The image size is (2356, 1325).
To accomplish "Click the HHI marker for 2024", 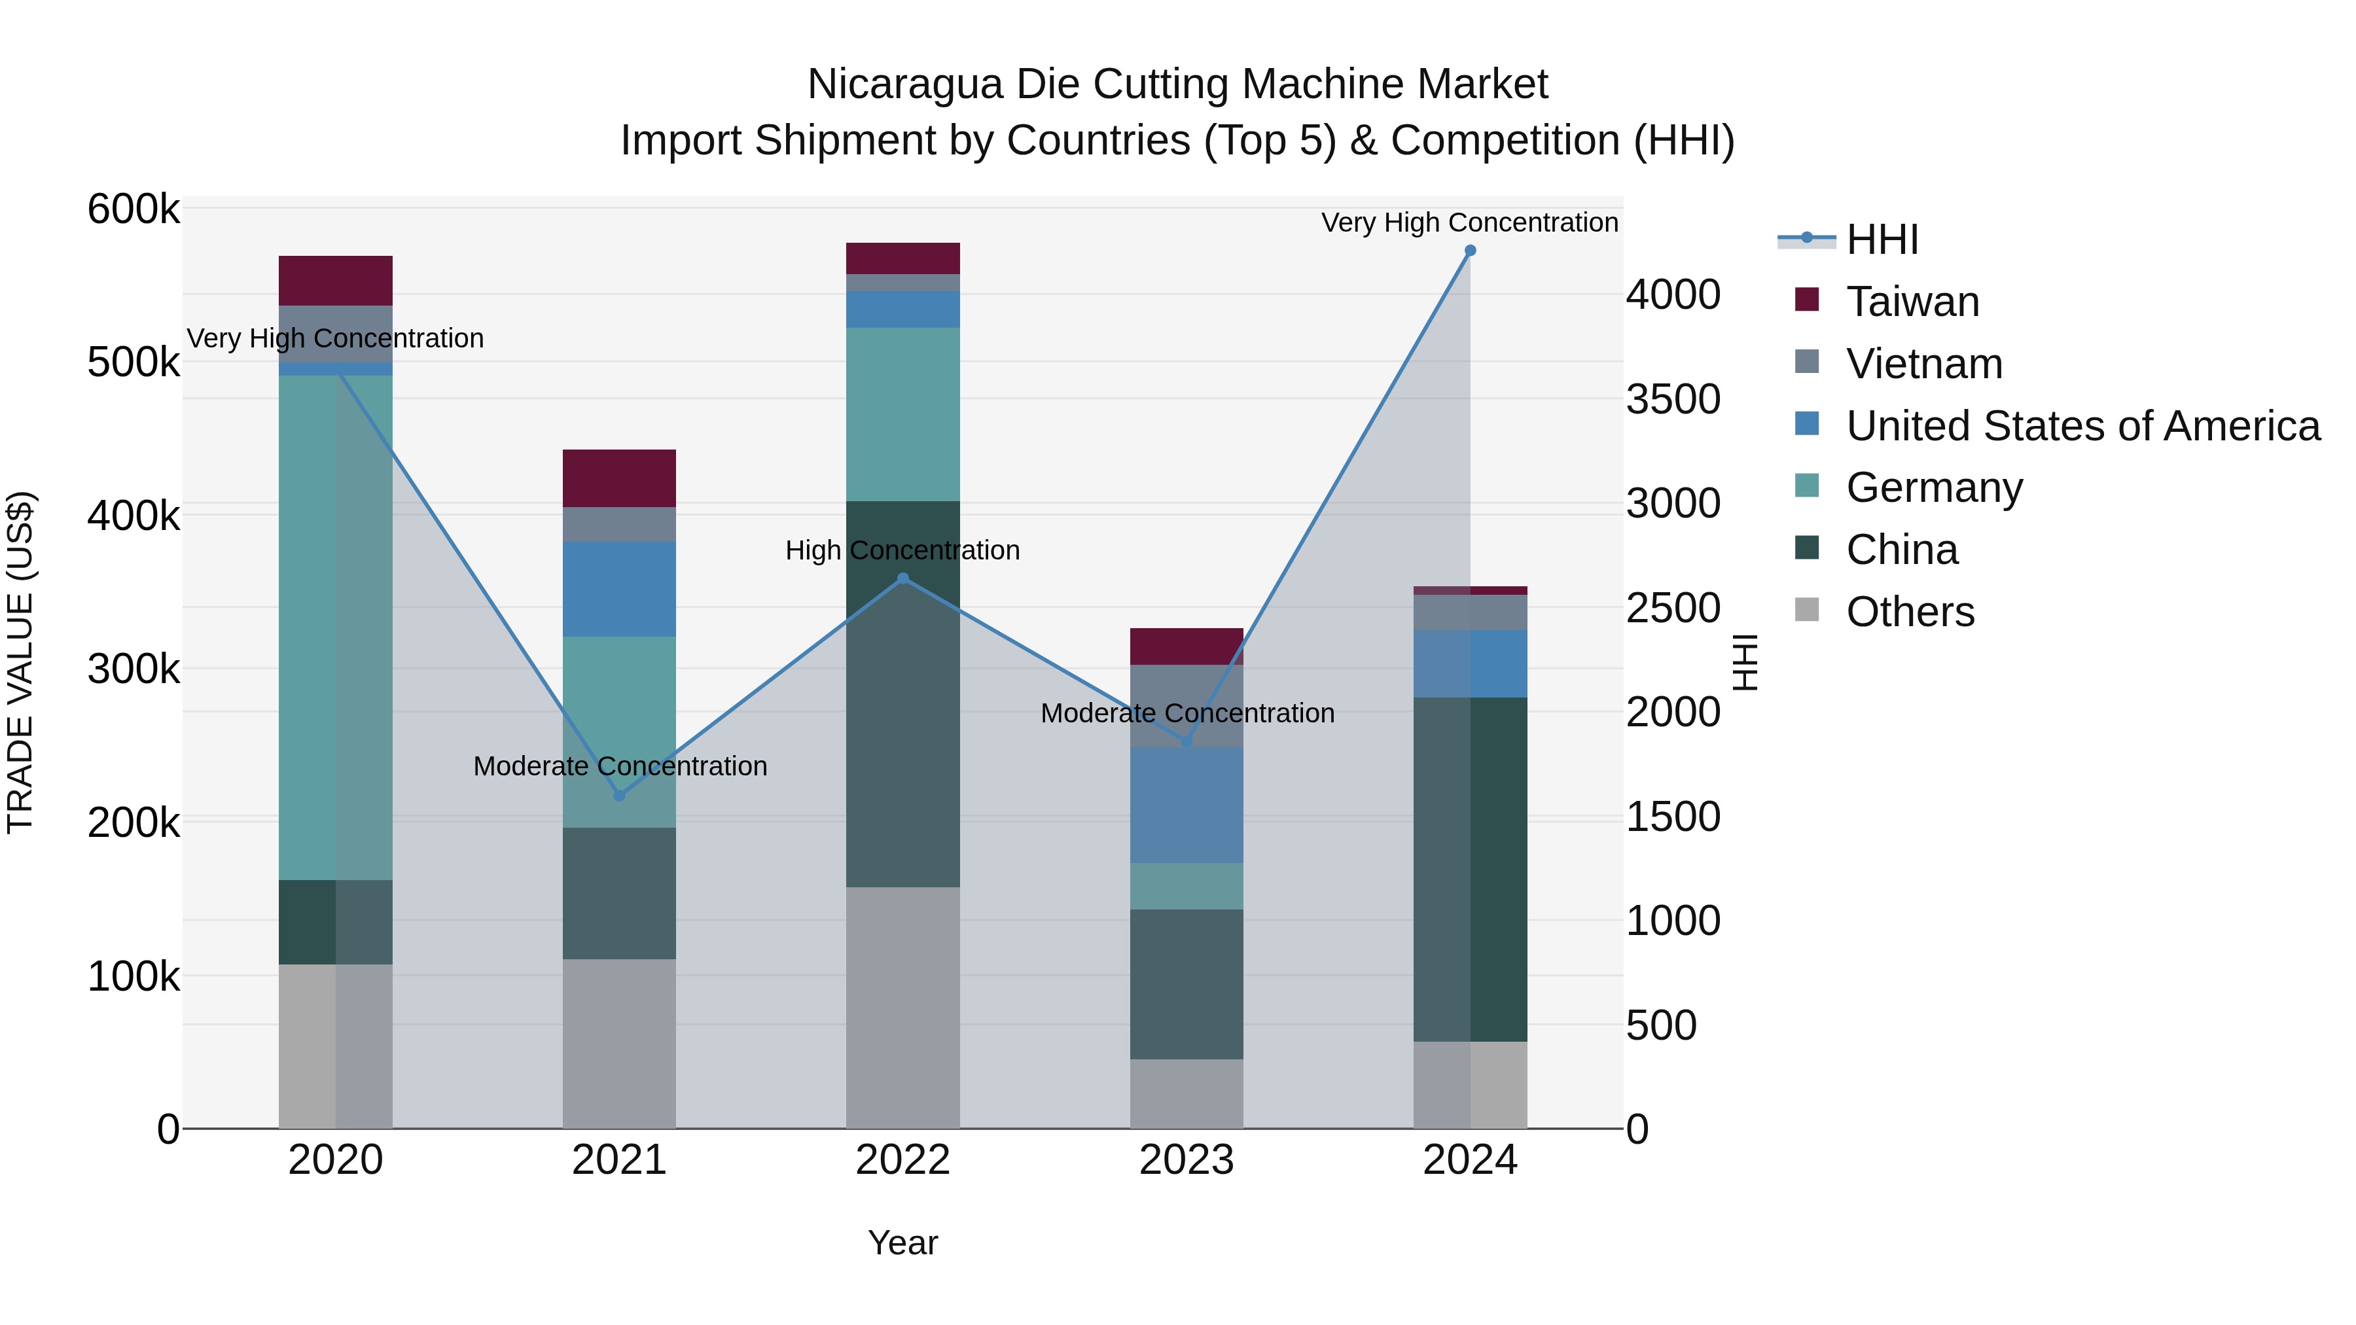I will [x=1470, y=251].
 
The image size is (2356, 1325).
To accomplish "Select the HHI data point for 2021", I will [x=619, y=796].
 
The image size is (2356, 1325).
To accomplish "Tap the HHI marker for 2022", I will [x=902, y=578].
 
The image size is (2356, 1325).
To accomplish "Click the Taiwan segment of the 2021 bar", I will [x=619, y=478].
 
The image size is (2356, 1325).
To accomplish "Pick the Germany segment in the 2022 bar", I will [x=902, y=414].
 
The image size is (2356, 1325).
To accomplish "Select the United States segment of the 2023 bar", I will [x=1187, y=805].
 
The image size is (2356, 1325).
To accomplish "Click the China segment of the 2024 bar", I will [x=1470, y=869].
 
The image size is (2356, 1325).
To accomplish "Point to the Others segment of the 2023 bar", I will [x=1187, y=1093].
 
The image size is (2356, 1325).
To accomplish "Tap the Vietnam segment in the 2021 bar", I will [x=619, y=524].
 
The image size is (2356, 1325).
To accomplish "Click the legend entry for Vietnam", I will [x=1923, y=364].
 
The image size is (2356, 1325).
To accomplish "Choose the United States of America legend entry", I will [x=2082, y=426].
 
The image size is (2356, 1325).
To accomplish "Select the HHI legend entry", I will [x=1882, y=239].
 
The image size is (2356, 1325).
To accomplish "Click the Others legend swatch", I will [x=1807, y=610].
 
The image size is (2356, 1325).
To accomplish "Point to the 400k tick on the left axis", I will [x=134, y=516].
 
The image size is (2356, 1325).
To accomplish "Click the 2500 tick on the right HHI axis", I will [x=1673, y=608].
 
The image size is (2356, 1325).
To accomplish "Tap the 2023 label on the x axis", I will [x=1187, y=1160].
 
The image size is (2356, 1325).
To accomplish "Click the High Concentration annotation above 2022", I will [x=902, y=550].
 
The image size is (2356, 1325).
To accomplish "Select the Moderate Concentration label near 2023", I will [x=1187, y=713].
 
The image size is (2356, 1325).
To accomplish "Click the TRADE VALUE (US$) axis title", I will [x=21, y=662].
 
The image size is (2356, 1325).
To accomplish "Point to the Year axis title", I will [x=902, y=1243].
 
